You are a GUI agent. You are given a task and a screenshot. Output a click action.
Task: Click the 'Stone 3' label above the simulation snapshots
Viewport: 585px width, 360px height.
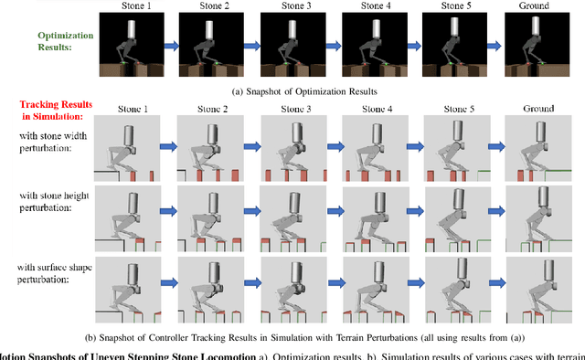pyautogui.click(x=292, y=109)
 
